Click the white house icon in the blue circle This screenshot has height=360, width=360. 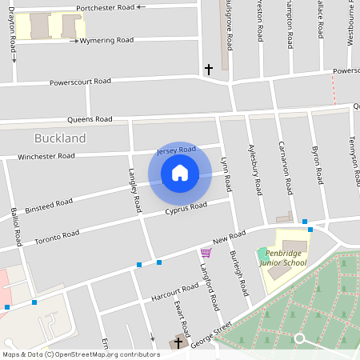click(x=180, y=172)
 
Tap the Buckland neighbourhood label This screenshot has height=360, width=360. click(x=60, y=138)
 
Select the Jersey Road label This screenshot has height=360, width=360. click(x=176, y=150)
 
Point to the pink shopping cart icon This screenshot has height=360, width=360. click(x=206, y=253)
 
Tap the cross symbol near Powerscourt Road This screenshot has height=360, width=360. click(x=209, y=70)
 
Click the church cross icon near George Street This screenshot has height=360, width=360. click(x=178, y=342)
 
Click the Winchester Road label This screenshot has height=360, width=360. click(x=46, y=156)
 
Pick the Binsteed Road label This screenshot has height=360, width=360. click(x=49, y=206)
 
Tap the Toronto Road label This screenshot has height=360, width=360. click(x=57, y=235)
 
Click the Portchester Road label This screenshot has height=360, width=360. click(x=105, y=8)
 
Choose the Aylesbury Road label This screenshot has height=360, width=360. click(x=256, y=171)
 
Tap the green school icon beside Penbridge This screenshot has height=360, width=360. click(x=262, y=253)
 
